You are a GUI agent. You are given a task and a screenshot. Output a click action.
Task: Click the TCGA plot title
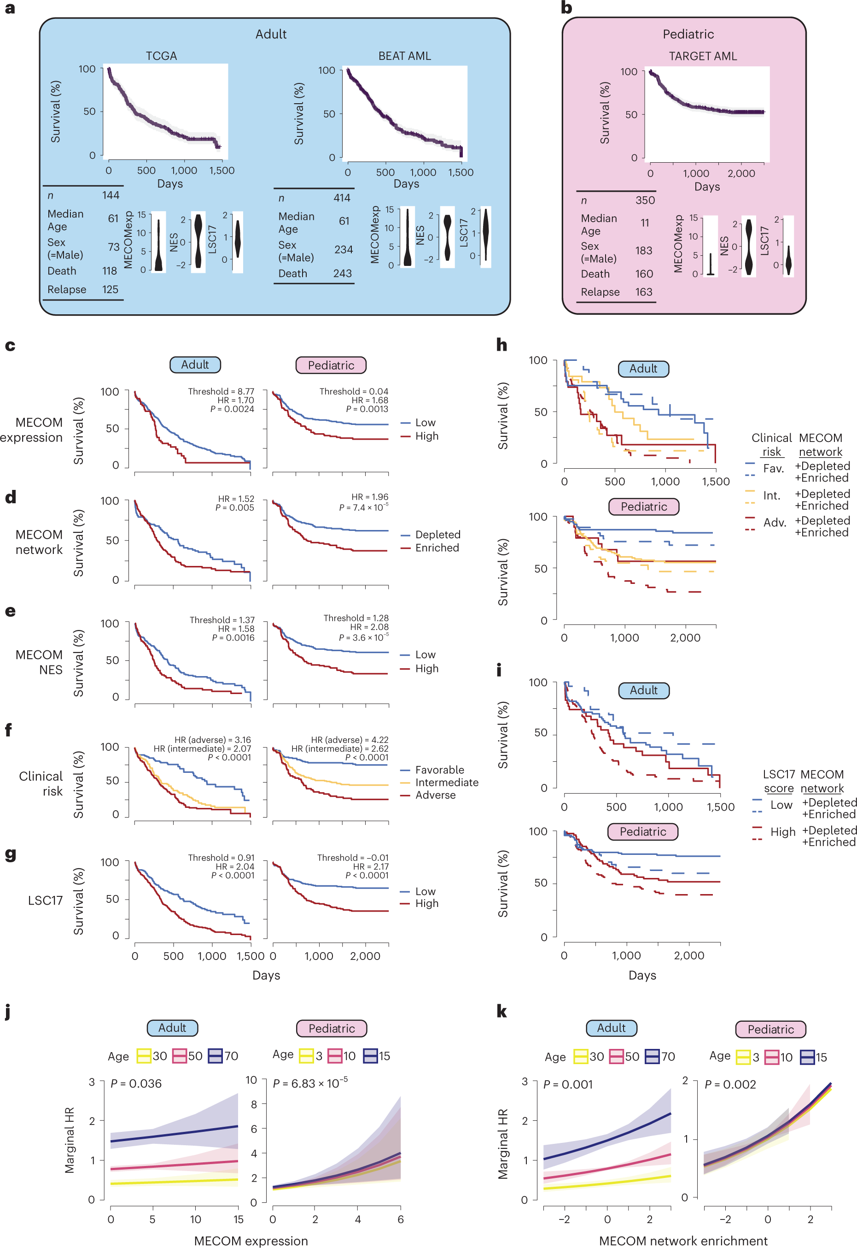161,56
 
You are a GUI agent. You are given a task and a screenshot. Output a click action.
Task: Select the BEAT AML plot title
404,56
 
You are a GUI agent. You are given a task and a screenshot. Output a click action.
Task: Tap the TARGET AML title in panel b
702,56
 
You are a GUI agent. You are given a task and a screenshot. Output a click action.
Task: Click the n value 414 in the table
342,198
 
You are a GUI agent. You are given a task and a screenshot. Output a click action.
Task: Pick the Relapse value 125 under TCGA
110,289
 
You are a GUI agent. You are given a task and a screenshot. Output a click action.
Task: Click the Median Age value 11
644,223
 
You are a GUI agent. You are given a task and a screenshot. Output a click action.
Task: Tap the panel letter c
10,346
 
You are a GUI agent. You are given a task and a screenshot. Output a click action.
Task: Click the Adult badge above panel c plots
195,365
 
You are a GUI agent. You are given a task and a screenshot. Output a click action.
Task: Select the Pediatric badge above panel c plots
331,365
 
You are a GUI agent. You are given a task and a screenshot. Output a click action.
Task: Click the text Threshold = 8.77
221,391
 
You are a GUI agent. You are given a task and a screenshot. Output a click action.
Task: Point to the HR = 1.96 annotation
369,497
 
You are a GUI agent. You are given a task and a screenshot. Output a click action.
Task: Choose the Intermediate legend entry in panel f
446,782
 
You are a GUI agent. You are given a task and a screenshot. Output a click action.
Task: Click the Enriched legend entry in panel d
437,547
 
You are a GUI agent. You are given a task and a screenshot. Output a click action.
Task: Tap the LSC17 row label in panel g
45,900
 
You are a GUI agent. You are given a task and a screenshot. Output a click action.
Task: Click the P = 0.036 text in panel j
135,1083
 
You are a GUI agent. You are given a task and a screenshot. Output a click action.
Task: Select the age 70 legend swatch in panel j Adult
216,1056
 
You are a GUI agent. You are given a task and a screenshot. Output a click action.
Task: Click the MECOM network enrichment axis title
683,1241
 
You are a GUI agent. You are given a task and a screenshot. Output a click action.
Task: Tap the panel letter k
501,1011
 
